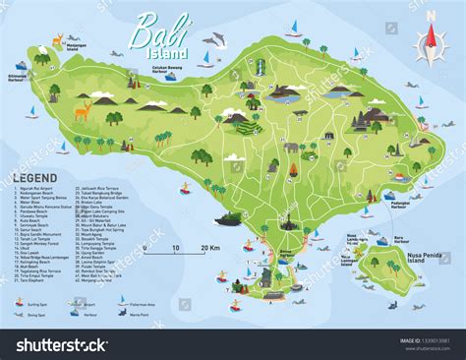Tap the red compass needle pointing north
(x=430, y=31)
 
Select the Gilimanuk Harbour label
(x=17, y=74)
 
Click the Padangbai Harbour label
(x=395, y=207)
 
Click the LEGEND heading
(x=33, y=178)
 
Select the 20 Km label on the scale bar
(x=209, y=248)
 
